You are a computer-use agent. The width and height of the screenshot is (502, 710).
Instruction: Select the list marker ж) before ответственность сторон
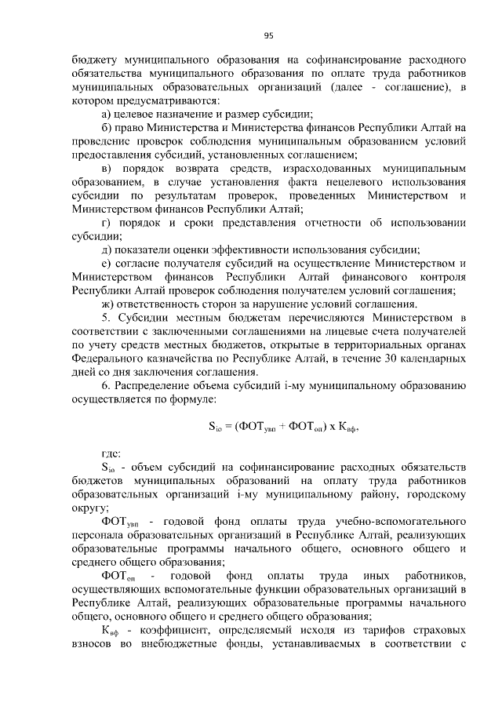tap(109, 304)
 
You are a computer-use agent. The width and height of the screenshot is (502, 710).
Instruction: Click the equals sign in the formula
tap(224, 428)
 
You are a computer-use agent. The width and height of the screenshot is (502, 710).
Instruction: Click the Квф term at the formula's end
tap(350, 428)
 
